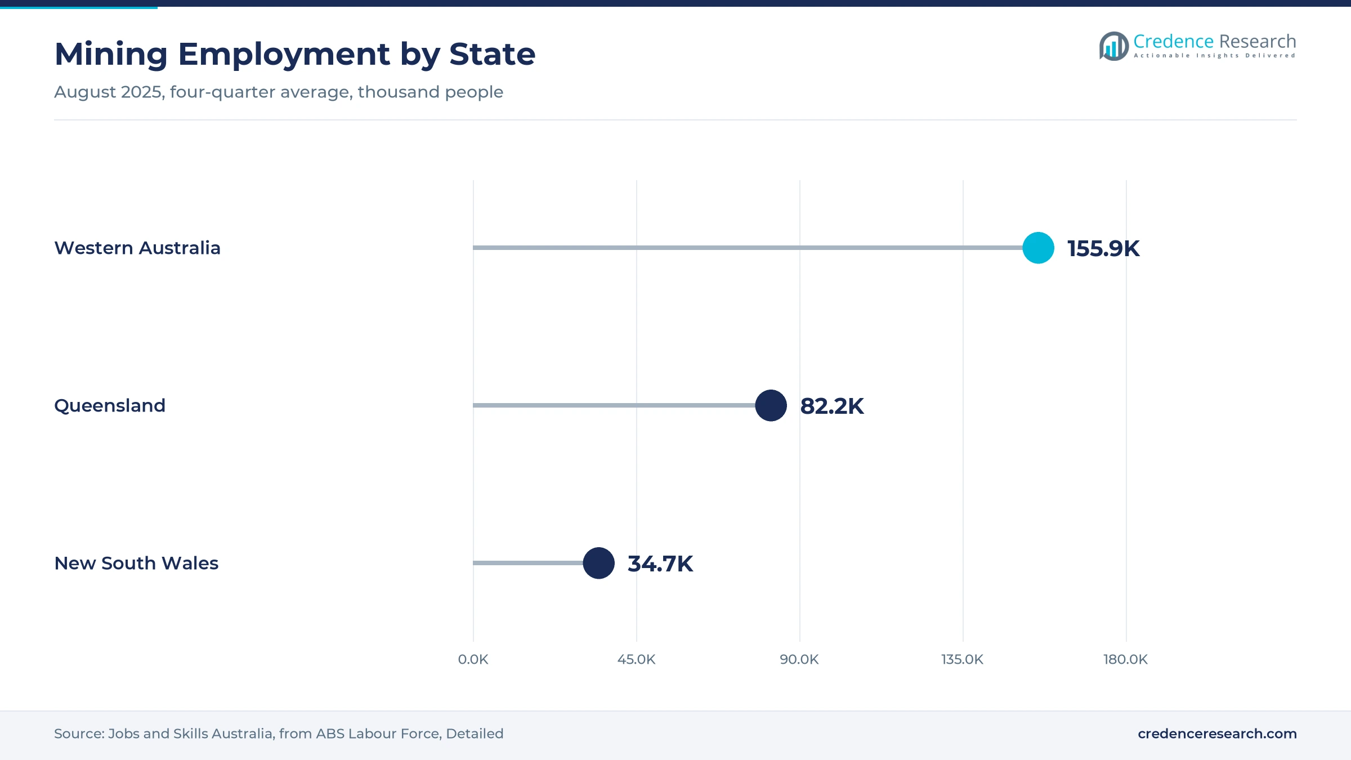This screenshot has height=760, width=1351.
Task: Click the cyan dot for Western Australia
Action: click(x=1038, y=248)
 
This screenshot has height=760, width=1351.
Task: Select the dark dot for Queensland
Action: click(x=771, y=405)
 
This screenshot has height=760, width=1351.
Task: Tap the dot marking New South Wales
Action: click(x=598, y=563)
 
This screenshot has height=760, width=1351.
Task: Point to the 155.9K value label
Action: click(x=1103, y=248)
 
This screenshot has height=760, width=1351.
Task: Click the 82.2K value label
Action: click(x=832, y=406)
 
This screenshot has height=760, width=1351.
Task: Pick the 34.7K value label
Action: click(x=660, y=564)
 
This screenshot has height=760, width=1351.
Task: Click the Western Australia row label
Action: click(x=137, y=248)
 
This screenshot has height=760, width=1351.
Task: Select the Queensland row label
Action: click(x=110, y=405)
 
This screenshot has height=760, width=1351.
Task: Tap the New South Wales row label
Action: click(x=136, y=563)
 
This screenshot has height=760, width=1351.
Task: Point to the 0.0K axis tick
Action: click(x=473, y=659)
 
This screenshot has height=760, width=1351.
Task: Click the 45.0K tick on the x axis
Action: click(x=636, y=659)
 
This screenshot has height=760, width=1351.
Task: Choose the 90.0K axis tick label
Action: click(x=799, y=659)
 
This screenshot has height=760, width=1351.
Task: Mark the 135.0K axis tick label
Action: click(x=963, y=659)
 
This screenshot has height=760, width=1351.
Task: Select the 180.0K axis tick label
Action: click(x=1126, y=659)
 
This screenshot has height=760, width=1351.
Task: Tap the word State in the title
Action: click(x=493, y=54)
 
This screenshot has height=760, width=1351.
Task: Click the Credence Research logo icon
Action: click(x=1114, y=46)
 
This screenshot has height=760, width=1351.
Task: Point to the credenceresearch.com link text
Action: click(x=1217, y=734)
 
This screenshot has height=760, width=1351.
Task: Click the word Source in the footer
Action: click(x=79, y=734)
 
